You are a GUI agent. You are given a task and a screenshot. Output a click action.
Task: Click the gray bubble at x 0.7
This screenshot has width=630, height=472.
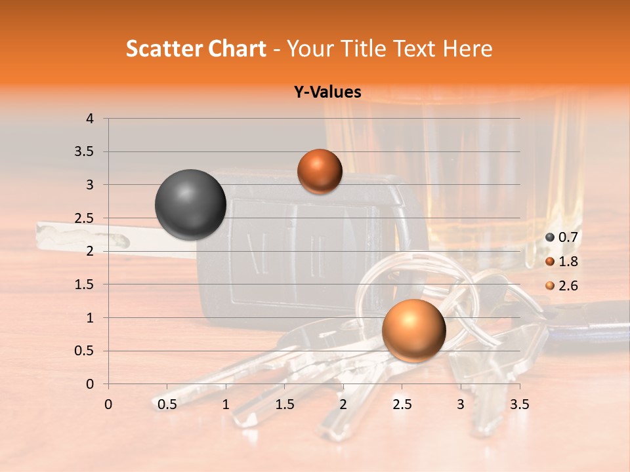click(190, 205)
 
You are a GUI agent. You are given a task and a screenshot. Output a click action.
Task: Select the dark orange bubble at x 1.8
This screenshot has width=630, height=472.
click(320, 171)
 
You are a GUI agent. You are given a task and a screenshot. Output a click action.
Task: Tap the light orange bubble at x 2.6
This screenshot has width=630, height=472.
click(413, 330)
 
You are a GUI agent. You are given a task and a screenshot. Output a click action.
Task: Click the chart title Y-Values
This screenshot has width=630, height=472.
click(327, 92)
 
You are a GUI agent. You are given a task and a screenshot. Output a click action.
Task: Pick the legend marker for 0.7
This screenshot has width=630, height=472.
click(550, 237)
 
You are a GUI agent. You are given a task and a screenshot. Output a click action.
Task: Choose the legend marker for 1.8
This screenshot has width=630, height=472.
click(550, 262)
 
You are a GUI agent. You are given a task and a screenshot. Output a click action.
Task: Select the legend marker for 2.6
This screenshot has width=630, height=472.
click(550, 286)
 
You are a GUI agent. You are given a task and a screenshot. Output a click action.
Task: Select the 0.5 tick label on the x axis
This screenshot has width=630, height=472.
click(167, 404)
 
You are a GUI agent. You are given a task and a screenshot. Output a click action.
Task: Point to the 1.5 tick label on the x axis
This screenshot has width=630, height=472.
click(285, 404)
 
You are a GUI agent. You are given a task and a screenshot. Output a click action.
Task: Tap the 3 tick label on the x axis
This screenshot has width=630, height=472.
click(461, 404)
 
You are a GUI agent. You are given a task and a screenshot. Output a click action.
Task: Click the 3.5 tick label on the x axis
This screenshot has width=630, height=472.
click(519, 404)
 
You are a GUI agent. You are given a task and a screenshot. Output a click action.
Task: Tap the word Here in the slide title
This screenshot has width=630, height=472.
click(467, 49)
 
